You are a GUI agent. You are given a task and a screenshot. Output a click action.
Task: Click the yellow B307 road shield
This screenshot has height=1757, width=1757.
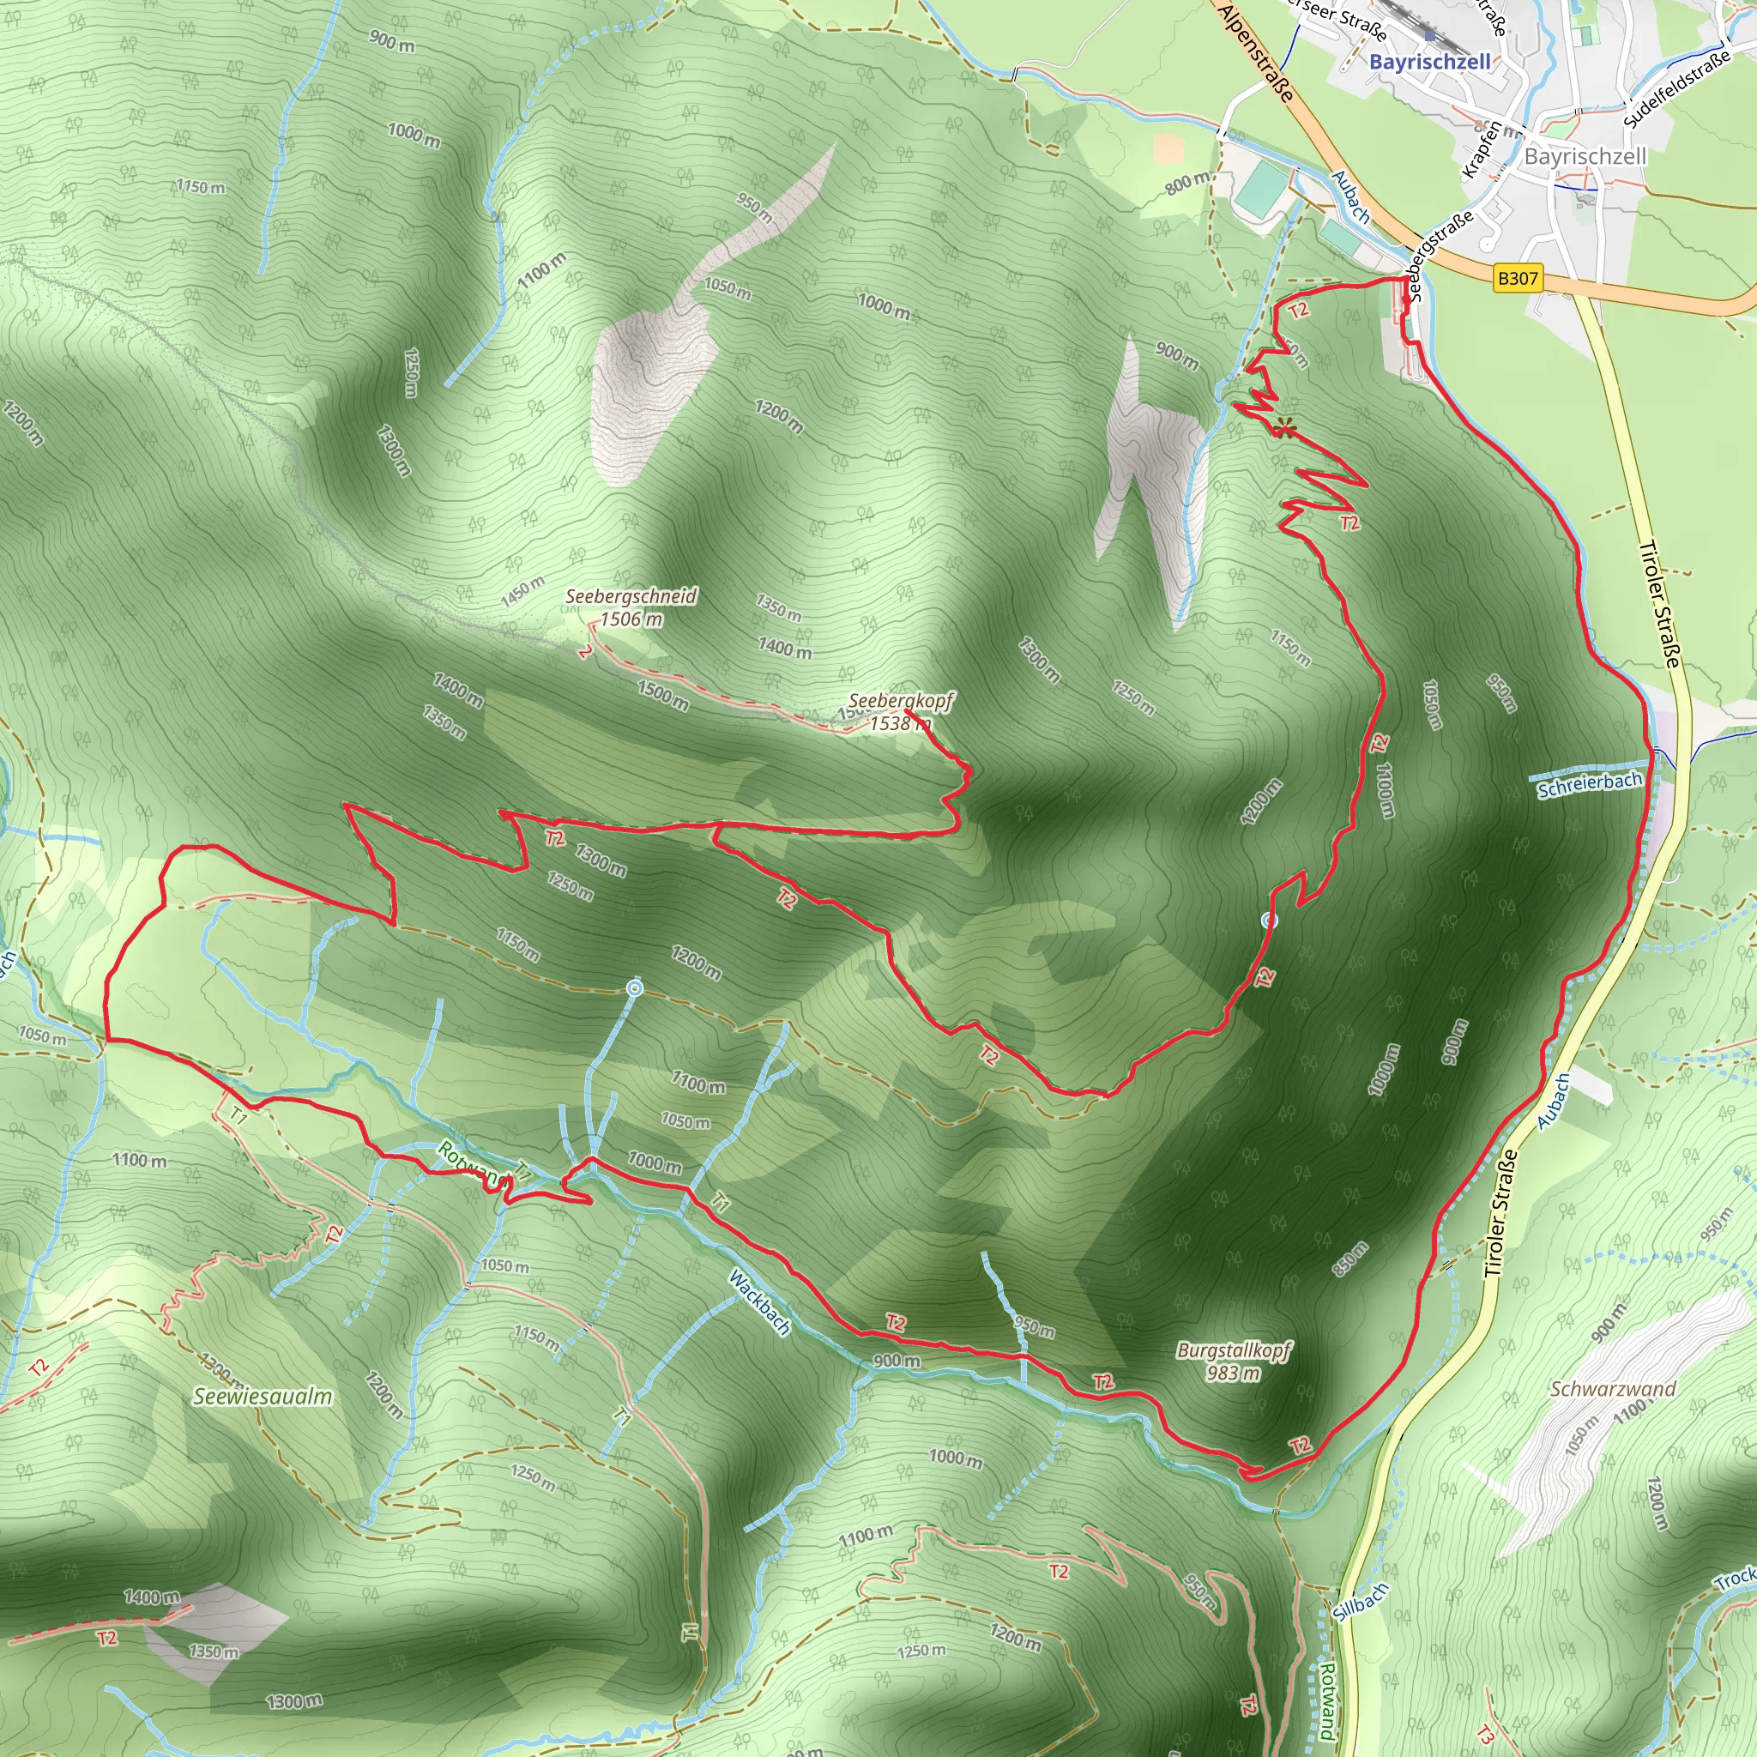(x=1518, y=278)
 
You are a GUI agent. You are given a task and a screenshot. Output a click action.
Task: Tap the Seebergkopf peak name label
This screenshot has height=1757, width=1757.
(x=900, y=701)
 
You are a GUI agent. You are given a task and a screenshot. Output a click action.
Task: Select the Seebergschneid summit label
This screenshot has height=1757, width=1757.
(x=631, y=596)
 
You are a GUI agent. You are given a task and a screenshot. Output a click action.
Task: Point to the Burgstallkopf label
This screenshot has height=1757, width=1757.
(x=1233, y=1350)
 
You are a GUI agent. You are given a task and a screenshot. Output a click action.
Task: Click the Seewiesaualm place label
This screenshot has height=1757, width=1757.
(x=263, y=1397)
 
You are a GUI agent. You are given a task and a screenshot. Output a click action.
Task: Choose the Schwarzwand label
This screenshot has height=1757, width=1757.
(x=1612, y=1389)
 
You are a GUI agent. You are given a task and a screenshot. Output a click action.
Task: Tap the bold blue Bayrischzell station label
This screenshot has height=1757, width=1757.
(x=1429, y=62)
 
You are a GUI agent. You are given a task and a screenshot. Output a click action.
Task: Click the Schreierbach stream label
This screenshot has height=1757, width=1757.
(x=1590, y=785)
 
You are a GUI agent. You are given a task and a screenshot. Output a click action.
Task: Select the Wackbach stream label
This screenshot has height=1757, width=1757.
(x=759, y=1302)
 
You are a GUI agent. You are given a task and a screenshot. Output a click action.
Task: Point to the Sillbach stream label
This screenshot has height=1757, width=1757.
(x=1362, y=1602)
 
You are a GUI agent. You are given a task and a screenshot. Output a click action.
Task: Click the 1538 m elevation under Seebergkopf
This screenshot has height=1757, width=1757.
(x=899, y=724)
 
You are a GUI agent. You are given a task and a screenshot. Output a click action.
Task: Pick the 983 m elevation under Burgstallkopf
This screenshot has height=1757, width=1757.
(x=1233, y=1374)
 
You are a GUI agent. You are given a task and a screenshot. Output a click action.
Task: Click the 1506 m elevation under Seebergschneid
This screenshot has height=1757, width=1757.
(x=631, y=619)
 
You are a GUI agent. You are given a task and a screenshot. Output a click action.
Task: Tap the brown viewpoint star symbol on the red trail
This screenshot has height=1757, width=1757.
(x=1284, y=426)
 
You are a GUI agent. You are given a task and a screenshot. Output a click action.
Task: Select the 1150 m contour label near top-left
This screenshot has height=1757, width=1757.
(x=201, y=187)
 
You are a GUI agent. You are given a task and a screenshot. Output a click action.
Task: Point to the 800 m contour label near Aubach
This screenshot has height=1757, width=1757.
(x=1187, y=183)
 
